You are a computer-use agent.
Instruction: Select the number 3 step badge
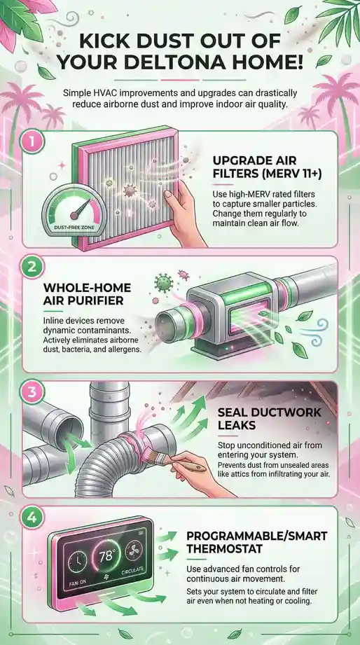click(x=32, y=393)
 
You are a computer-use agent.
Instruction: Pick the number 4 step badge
click(x=32, y=518)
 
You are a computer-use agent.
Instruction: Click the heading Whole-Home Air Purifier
click(x=87, y=293)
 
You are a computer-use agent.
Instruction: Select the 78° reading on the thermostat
click(x=107, y=556)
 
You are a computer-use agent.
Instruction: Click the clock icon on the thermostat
click(x=76, y=561)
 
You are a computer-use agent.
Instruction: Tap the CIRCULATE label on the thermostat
click(x=132, y=571)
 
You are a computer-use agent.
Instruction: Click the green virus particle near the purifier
click(x=163, y=284)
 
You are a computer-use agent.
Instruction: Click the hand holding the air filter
click(x=184, y=214)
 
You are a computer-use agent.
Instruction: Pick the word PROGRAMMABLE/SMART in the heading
click(x=257, y=536)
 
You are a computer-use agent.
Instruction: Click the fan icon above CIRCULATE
click(x=134, y=550)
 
